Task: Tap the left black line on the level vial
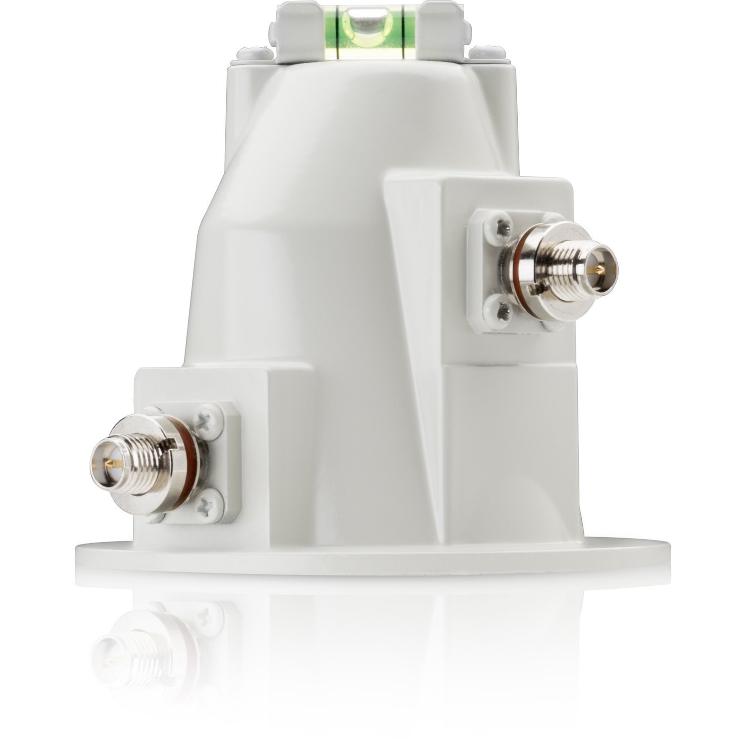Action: click(x=338, y=30)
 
